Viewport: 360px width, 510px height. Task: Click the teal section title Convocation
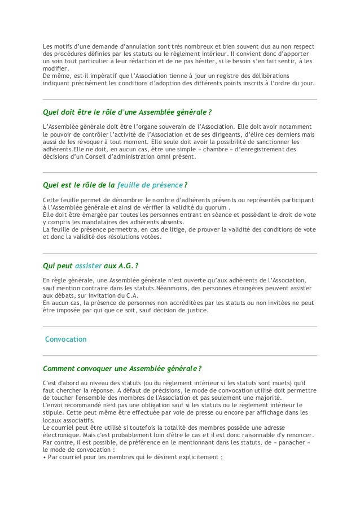point(65,340)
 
